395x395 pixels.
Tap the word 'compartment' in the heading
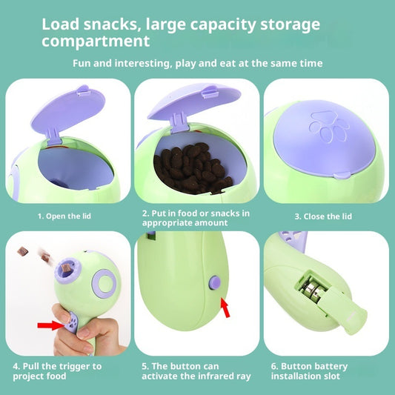[96, 41]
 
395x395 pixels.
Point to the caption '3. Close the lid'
[323, 216]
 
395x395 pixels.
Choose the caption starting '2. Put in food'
[196, 216]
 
